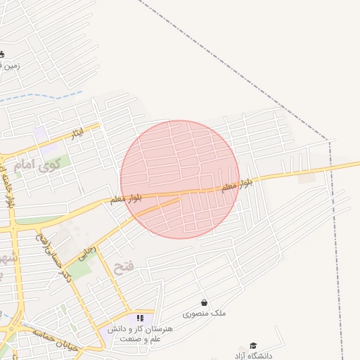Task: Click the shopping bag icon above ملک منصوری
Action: tap(205, 303)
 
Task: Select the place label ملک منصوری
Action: tap(205, 314)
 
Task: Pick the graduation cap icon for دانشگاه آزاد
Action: tap(253, 345)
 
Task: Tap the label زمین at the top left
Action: tap(13, 66)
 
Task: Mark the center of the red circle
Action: tap(180, 179)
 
